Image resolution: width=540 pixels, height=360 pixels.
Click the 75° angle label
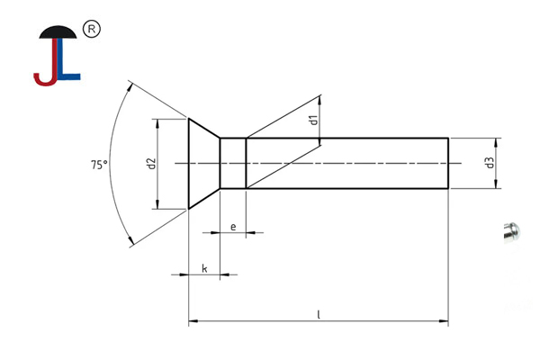pyautogui.click(x=98, y=165)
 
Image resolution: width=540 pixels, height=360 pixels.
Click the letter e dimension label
pyautogui.click(x=233, y=226)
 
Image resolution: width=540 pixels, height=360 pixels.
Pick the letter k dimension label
pyautogui.click(x=204, y=268)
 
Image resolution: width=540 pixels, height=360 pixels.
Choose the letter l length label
pyautogui.click(x=319, y=314)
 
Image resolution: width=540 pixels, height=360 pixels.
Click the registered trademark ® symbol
pyautogui.click(x=90, y=30)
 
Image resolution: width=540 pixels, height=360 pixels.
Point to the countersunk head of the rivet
pyautogui.click(x=202, y=163)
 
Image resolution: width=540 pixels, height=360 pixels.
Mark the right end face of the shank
pyautogui.click(x=448, y=163)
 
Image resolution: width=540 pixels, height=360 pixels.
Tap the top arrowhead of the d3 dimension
pyautogui.click(x=495, y=140)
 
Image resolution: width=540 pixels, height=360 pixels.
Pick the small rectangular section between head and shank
pyautogui.click(x=233, y=163)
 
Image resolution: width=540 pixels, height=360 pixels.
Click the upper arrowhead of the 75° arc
pyautogui.click(x=132, y=87)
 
